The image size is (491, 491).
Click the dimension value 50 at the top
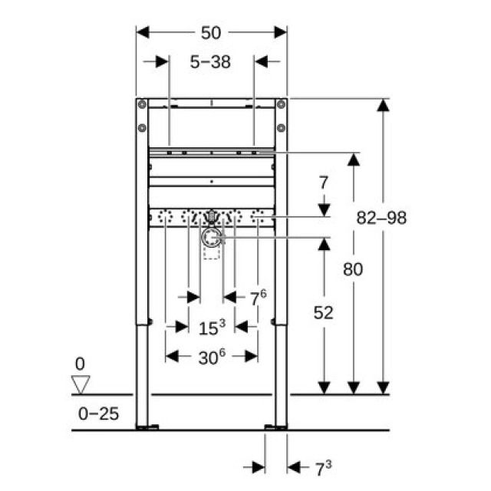[x=211, y=32]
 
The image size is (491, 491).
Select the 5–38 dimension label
[x=211, y=62]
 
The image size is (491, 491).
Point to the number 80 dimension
[x=353, y=269]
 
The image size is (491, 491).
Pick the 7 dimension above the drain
[x=324, y=183]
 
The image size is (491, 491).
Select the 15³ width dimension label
[x=212, y=328]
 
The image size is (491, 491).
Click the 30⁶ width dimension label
[x=212, y=357]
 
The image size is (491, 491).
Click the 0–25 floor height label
[x=98, y=414]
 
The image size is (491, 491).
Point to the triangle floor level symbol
[x=80, y=384]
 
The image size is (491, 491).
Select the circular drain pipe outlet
[x=211, y=239]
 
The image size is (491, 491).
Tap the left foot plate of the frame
[x=147, y=426]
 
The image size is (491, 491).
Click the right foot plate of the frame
[x=275, y=426]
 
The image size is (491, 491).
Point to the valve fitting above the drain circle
[x=212, y=218]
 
